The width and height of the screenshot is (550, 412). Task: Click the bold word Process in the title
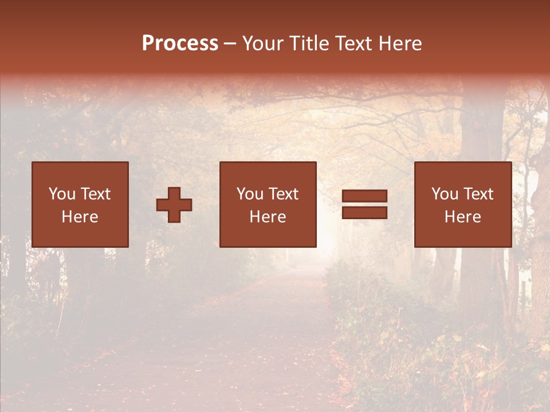[180, 43]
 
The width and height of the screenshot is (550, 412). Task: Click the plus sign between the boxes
[174, 205]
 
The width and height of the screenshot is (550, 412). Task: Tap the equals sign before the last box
[364, 204]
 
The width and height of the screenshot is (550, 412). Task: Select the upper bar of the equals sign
[364, 196]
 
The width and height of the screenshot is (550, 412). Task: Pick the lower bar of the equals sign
[364, 212]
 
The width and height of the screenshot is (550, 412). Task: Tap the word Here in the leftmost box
[80, 217]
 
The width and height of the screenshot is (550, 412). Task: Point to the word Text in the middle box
[284, 194]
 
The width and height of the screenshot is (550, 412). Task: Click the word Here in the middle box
[268, 217]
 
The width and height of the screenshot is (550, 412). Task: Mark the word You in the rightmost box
[445, 194]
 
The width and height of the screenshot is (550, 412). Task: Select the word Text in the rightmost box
[478, 194]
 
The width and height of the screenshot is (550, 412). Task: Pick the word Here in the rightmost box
[462, 217]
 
